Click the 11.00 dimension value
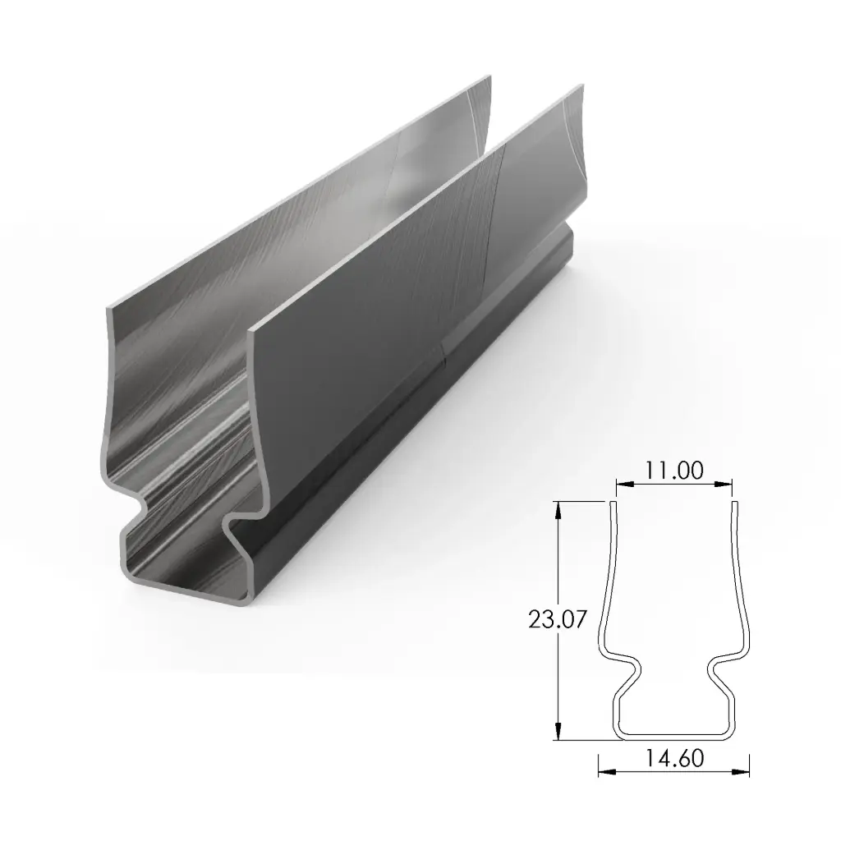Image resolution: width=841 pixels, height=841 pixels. [673, 471]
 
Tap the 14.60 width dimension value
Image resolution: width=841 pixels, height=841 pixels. [673, 758]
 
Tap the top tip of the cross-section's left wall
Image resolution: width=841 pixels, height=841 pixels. [612, 503]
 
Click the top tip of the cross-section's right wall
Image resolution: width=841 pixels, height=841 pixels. [735, 503]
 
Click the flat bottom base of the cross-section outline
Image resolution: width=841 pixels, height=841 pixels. [673, 734]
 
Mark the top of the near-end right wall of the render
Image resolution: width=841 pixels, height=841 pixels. [251, 327]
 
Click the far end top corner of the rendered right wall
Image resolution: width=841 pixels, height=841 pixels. [582, 85]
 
